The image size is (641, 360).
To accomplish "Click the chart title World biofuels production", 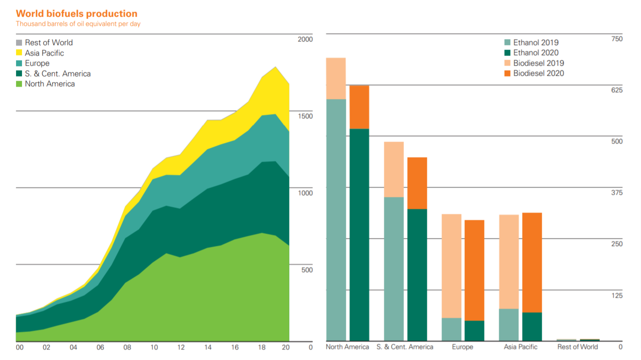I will coord(76,14).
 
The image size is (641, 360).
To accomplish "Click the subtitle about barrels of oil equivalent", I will coord(78,24).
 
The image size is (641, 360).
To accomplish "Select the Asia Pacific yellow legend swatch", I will coord(19,53).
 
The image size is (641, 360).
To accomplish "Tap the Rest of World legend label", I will coord(48,43).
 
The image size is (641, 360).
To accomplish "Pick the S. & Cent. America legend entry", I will coord(57,74).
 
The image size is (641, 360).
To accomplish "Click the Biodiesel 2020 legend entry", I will coord(538,73).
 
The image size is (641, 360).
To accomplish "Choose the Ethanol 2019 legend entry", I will coord(535,43).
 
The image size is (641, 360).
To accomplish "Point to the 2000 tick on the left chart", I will coord(305,39).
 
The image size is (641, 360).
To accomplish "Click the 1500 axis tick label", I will coord(305,116).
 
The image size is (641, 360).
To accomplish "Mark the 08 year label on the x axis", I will coord(127,348).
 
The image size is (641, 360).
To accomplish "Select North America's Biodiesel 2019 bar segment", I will coord(336,78).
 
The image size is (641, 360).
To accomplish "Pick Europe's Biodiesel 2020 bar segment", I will coord(474,270).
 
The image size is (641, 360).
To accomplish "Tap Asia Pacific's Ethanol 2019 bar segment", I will coord(509,325).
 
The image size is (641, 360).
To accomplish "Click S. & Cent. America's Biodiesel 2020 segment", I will coord(417,183).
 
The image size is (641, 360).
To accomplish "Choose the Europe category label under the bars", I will coord(463,347).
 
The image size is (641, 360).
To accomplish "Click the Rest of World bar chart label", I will coord(577,347).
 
